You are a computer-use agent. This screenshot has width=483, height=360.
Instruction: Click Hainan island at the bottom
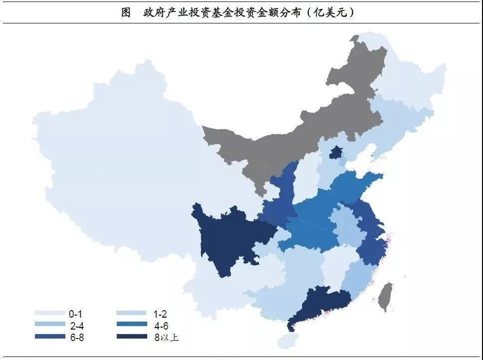tap(285, 341)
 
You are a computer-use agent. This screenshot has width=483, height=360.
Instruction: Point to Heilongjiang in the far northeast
tap(409, 80)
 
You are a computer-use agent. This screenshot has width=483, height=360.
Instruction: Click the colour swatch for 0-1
tap(50, 314)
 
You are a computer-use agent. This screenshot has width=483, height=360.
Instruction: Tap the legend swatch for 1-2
tap(132, 314)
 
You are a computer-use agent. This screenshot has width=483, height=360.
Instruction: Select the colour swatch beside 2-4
tap(50, 325)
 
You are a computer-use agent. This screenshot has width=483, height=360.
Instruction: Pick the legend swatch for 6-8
tap(50, 337)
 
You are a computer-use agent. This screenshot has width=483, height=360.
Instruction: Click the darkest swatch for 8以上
tap(132, 337)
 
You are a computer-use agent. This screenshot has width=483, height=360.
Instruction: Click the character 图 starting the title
tap(126, 12)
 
